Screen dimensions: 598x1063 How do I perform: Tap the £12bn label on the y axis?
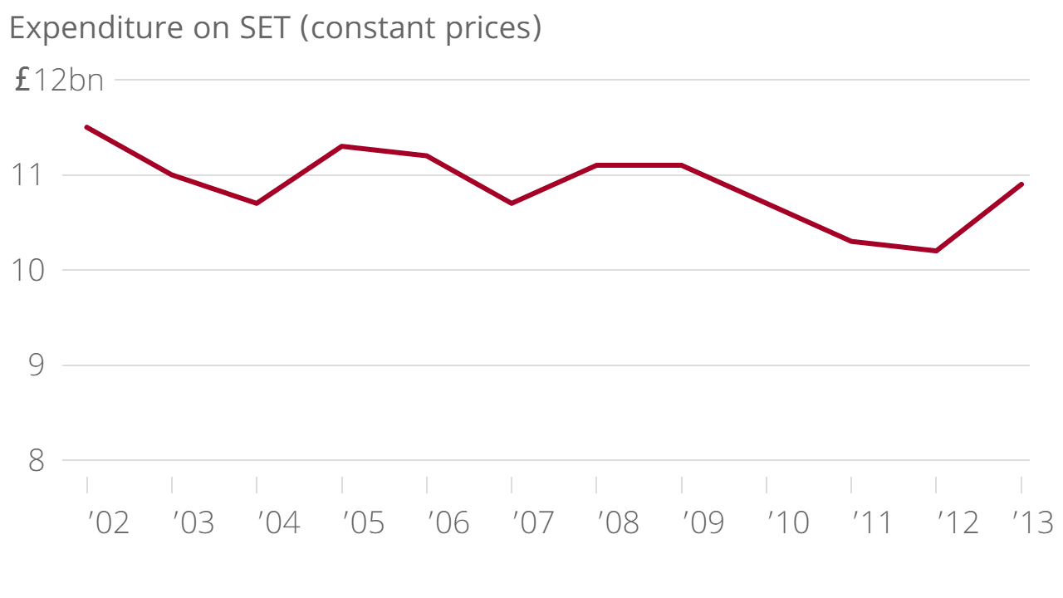pos(60,81)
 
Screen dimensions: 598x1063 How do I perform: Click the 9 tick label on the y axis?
pos(36,365)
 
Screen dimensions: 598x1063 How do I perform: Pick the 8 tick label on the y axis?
pos(36,461)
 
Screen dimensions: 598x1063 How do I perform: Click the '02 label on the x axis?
pos(109,523)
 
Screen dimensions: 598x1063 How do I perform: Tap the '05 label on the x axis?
pos(364,523)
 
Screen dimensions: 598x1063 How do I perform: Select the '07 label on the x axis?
pos(533,523)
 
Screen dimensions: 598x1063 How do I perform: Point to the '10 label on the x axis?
pos(787,523)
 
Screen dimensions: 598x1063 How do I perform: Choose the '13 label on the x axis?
pos(1032,523)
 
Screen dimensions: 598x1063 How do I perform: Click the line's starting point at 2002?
pos(87,127)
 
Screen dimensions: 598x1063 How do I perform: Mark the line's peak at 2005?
pos(342,146)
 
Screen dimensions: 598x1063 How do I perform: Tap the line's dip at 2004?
pos(257,203)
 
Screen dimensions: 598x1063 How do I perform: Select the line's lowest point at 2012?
pos(936,251)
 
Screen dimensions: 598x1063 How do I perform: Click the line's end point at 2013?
pos(1021,184)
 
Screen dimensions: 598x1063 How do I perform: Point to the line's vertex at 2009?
pos(682,165)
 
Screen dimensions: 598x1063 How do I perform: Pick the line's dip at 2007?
pos(512,203)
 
